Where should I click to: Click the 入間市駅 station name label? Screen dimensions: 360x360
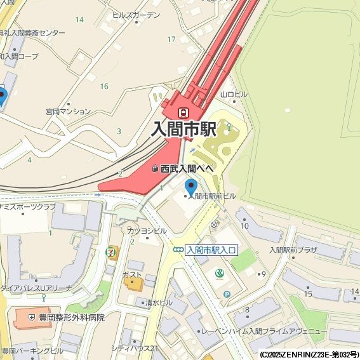[184, 129]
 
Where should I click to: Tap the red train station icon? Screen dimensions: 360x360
[183, 112]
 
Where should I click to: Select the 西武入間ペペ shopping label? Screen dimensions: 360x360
[187, 168]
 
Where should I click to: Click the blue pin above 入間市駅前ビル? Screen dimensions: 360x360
[191, 187]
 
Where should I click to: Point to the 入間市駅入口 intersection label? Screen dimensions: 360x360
[211, 250]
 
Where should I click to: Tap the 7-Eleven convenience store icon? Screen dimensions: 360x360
[112, 252]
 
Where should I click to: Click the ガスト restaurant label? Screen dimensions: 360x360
[132, 274]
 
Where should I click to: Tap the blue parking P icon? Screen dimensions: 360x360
[227, 294]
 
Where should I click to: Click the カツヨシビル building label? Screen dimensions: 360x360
[147, 230]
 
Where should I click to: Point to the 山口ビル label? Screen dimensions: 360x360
[233, 95]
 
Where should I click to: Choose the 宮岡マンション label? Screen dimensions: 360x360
[69, 111]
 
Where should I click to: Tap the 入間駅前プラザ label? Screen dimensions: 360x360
[293, 250]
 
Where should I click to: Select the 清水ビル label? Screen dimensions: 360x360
[159, 303]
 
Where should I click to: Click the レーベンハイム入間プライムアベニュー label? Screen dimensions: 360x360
[263, 331]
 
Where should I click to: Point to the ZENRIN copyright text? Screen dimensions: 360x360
[309, 354]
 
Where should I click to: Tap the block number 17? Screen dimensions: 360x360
[171, 39]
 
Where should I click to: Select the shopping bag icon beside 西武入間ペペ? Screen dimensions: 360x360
[155, 169]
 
